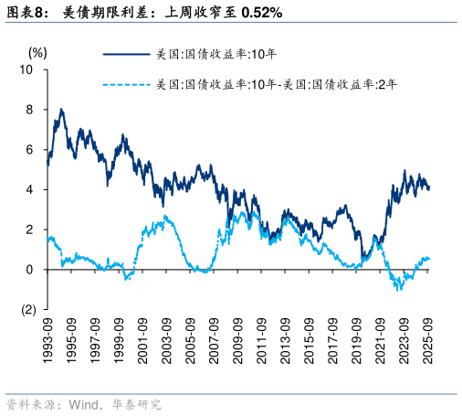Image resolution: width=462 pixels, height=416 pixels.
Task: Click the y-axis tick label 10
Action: point(27,69)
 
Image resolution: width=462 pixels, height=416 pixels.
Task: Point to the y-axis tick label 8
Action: point(30,110)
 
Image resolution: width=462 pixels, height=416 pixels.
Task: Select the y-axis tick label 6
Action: point(30,150)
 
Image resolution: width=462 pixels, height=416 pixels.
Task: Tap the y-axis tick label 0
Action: point(30,270)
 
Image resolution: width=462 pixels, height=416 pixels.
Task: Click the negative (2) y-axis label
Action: point(26,310)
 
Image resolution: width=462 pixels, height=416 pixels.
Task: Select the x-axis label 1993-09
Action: point(47,341)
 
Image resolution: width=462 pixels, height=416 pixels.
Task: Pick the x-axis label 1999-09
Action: point(119,341)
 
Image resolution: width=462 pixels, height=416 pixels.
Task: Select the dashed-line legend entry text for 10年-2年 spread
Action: point(277,85)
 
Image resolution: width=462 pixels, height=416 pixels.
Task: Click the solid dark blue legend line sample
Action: point(125,54)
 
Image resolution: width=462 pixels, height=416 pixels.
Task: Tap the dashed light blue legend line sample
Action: point(125,85)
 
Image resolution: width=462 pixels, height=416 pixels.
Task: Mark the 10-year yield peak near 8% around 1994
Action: point(61,110)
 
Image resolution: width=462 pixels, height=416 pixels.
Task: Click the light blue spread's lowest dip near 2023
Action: point(398,290)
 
